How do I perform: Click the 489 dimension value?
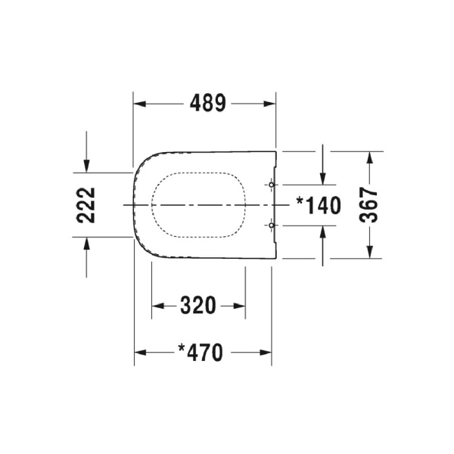(x=204, y=104)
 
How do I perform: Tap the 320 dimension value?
(x=198, y=306)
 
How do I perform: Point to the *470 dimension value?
(x=201, y=352)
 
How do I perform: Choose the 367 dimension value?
(x=368, y=204)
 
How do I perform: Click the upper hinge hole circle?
(x=272, y=185)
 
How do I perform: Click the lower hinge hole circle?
(x=272, y=225)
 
